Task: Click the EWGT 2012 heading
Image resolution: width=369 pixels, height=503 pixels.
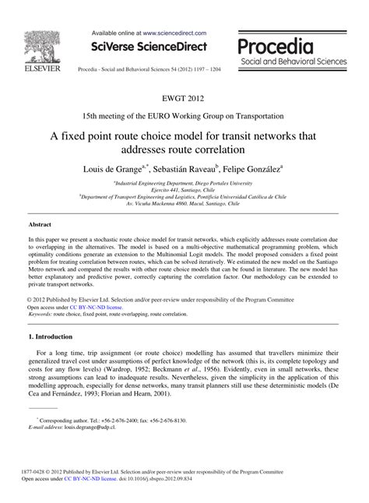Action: coord(184,98)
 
